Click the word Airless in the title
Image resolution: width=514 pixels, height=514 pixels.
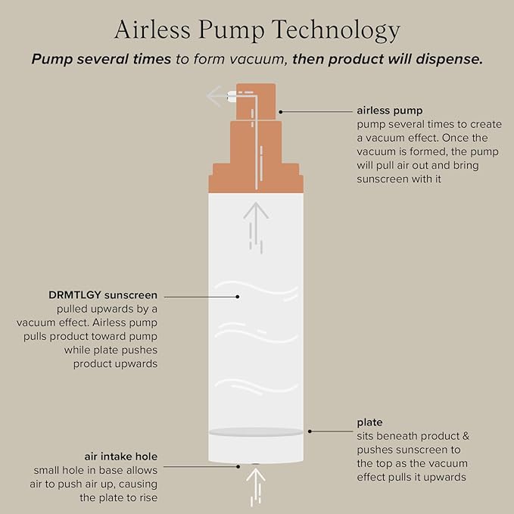click(152, 30)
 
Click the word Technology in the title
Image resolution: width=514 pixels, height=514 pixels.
click(336, 31)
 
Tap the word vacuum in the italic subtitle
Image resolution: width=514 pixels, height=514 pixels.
click(257, 59)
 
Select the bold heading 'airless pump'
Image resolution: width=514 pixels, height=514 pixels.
click(390, 111)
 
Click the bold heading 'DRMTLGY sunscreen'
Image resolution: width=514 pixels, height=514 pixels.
click(103, 295)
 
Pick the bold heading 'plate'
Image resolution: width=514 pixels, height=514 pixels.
click(369, 422)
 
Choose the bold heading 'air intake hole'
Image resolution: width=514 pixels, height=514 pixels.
click(121, 456)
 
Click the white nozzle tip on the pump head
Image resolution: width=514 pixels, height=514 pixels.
click(232, 96)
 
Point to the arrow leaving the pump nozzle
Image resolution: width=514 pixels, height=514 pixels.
click(217, 96)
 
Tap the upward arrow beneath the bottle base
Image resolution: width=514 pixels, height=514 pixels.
click(256, 487)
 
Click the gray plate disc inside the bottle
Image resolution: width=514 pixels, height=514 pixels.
click(256, 432)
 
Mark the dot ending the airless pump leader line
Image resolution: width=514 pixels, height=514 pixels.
click(281, 112)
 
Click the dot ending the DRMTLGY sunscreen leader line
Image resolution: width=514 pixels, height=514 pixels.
click(238, 297)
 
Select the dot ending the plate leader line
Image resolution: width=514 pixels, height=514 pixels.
click(310, 431)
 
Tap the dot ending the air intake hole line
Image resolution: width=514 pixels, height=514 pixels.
click(238, 466)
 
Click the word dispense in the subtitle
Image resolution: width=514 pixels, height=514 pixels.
click(450, 59)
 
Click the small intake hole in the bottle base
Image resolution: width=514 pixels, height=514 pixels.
click(256, 464)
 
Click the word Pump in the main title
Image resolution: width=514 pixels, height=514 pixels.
click(231, 31)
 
